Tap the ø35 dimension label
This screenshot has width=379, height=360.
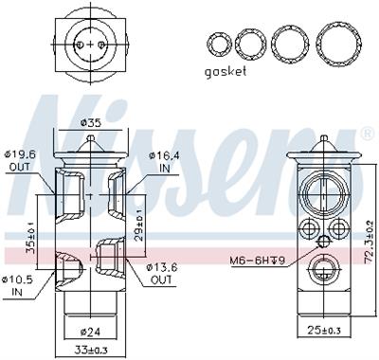pyautogui.click(x=91, y=122)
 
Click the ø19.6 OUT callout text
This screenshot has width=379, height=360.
pyautogui.click(x=21, y=161)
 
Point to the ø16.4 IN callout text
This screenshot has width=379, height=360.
pyautogui.click(x=164, y=162)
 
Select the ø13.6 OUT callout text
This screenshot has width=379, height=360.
pyautogui.click(x=161, y=274)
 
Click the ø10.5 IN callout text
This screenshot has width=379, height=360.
pyautogui.click(x=17, y=285)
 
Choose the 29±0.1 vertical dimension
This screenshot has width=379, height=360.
pyautogui.click(x=138, y=225)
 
